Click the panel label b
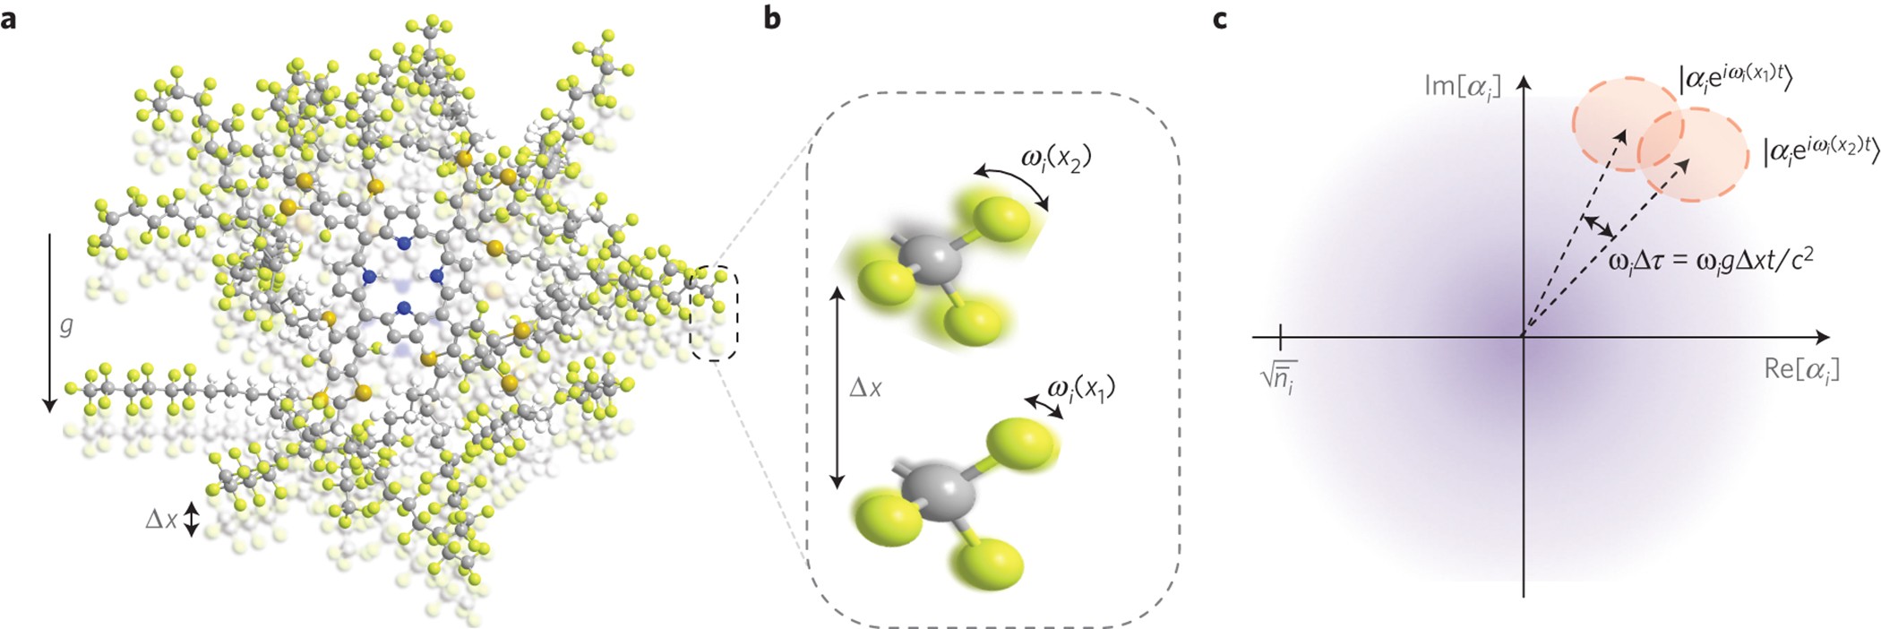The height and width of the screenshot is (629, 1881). click(x=773, y=18)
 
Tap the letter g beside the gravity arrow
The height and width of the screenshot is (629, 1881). click(x=66, y=326)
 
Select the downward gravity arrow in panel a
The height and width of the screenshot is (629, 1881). click(x=49, y=323)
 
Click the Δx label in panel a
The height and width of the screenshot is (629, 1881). click(x=161, y=519)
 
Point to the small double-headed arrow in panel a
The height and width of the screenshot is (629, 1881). click(x=191, y=519)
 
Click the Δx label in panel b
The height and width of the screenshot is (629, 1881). click(x=864, y=388)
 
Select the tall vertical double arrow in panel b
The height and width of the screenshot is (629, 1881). click(x=837, y=388)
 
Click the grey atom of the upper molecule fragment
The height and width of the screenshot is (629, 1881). click(x=932, y=260)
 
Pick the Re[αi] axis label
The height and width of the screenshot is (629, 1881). click(x=1801, y=369)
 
